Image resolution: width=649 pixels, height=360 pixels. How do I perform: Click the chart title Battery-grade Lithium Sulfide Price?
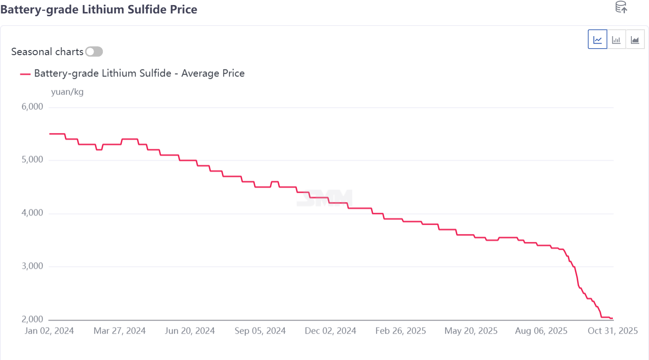point(99,9)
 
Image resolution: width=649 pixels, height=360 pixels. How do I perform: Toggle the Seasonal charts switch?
point(94,51)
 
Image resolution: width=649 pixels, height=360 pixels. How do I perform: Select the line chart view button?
point(598,39)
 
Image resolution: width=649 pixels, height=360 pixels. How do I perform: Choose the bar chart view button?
point(616,39)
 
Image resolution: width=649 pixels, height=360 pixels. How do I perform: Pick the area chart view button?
point(635,39)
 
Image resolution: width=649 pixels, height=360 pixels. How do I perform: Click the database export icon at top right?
point(621,7)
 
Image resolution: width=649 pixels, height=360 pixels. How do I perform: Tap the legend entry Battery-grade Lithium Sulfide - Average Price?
point(139,73)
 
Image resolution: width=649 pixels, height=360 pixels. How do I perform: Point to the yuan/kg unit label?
point(67,92)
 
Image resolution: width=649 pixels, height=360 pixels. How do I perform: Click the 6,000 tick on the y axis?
point(32,107)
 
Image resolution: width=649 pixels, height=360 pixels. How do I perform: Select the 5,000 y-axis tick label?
point(32,160)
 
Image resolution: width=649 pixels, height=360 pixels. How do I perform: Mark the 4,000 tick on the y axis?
point(32,214)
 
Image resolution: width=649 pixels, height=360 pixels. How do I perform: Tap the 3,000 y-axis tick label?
point(32,266)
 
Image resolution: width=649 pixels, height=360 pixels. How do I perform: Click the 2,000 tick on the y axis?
point(32,320)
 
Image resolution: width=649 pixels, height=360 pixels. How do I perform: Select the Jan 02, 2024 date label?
point(49,331)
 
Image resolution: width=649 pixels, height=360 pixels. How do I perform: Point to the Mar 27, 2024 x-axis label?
point(120,331)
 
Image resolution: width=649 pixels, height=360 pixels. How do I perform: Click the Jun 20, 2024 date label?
point(190,331)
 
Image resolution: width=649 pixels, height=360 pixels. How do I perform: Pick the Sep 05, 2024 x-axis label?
point(261,331)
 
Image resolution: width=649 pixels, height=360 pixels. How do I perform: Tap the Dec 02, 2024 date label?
point(331,331)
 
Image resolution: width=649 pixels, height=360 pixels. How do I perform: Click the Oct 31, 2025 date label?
point(612,331)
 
